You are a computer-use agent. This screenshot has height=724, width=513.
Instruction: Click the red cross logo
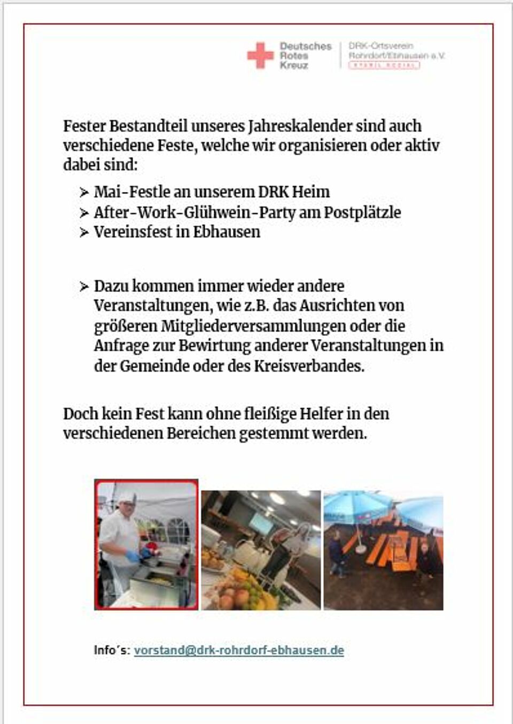pyautogui.click(x=260, y=56)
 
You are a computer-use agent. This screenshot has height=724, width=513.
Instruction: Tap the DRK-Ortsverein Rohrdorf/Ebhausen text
pyautogui.click(x=396, y=51)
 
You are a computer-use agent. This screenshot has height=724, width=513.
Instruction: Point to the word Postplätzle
pyautogui.click(x=362, y=212)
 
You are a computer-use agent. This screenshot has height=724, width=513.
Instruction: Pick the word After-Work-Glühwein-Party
pyautogui.click(x=195, y=212)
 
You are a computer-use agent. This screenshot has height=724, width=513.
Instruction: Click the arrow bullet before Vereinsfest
pyautogui.click(x=84, y=233)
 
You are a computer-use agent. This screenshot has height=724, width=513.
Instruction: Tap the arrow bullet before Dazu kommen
pyautogui.click(x=84, y=287)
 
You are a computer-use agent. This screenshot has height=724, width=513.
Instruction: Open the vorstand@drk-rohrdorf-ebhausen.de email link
pyautogui.click(x=238, y=651)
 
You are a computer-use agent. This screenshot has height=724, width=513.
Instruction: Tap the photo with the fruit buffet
pyautogui.click(x=261, y=551)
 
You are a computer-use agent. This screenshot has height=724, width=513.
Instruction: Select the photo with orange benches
pyautogui.click(x=383, y=551)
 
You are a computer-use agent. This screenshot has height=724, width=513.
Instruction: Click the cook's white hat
pyautogui.click(x=126, y=497)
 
